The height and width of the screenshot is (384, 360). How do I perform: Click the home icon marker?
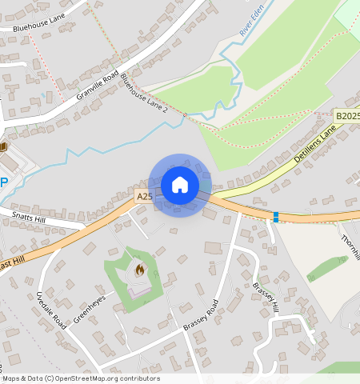point(180,185)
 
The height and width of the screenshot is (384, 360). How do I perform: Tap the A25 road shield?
point(144,196)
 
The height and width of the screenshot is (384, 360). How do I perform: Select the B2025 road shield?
point(346,116)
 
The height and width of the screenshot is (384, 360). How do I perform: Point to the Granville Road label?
point(98,82)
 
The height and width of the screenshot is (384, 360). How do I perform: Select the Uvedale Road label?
point(50,307)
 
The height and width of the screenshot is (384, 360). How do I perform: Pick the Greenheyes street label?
point(89,310)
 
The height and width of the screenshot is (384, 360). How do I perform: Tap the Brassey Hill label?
point(266,297)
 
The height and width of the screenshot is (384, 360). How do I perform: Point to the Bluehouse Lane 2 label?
point(144,93)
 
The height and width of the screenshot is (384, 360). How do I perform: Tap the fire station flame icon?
point(140,270)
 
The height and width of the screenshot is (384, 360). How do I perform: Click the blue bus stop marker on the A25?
point(276,216)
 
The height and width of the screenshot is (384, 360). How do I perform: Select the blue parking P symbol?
point(4,182)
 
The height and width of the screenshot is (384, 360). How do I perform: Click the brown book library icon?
point(3,146)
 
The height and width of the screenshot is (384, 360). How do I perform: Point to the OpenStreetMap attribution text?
point(80,378)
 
